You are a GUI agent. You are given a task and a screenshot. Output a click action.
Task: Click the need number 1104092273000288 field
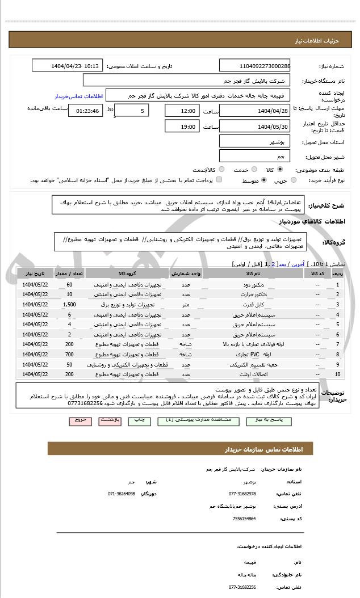point(254,66)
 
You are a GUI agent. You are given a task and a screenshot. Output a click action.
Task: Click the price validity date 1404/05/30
point(254,126)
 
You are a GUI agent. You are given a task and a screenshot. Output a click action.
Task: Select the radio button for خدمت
point(254,170)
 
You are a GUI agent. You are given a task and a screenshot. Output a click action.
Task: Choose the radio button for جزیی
point(294,180)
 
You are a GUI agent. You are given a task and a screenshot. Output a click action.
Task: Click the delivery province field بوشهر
point(254,141)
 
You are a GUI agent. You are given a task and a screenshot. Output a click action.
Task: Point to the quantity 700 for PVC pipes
point(69,354)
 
